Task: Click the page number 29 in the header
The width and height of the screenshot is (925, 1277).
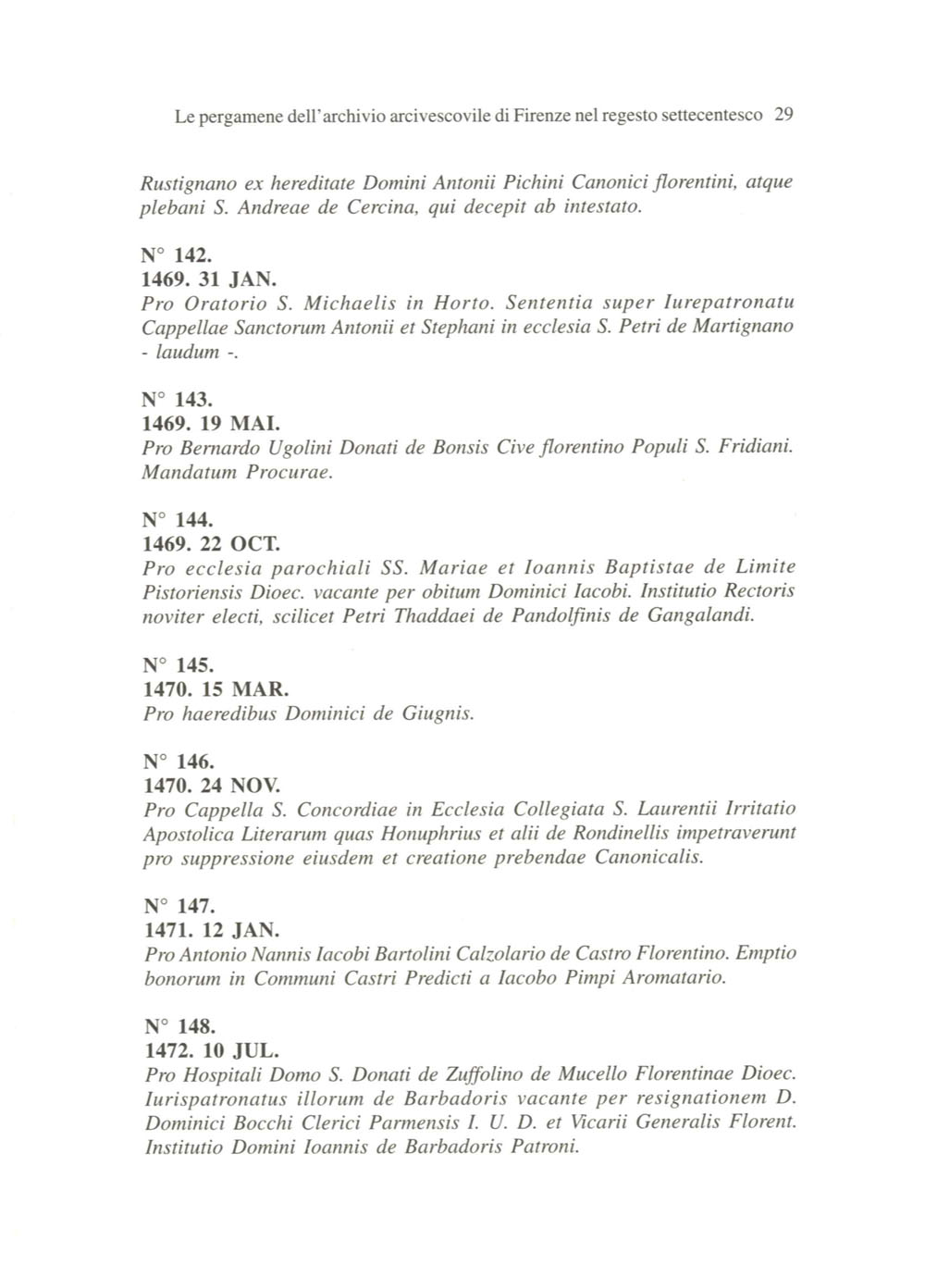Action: pos(783,117)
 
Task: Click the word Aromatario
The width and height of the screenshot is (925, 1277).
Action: pos(671,978)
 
